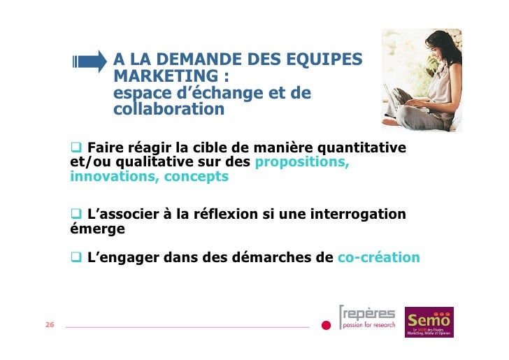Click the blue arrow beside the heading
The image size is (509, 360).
(89, 62)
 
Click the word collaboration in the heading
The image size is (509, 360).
(169, 110)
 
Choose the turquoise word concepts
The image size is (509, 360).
(196, 176)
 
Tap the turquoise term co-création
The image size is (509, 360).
(378, 257)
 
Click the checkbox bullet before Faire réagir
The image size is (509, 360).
(76, 147)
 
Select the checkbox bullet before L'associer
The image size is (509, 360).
(76, 213)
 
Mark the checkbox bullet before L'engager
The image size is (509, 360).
(76, 257)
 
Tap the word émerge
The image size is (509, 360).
(97, 228)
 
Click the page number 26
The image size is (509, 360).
(50, 326)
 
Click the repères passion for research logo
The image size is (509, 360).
(367, 318)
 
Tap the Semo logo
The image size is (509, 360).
(429, 322)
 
